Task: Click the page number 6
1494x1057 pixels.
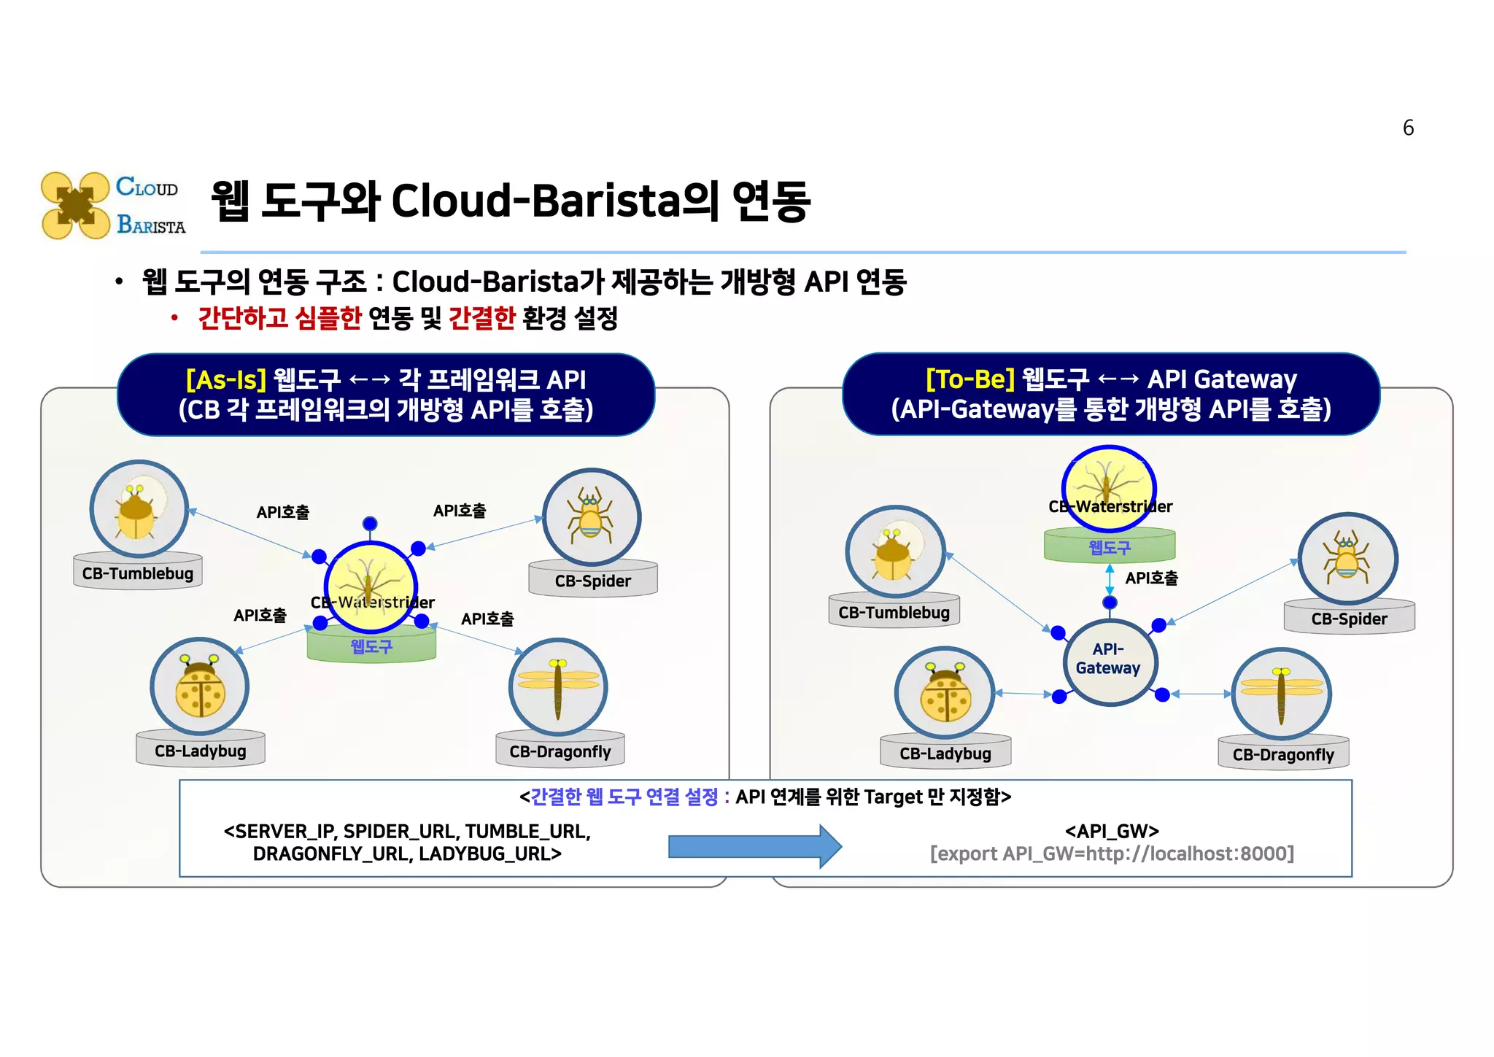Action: pyautogui.click(x=1408, y=128)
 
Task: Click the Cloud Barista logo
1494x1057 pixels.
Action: pyautogui.click(x=113, y=206)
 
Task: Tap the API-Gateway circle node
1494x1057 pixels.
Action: pyautogui.click(x=1109, y=662)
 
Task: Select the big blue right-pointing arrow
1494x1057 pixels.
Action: pyautogui.click(x=755, y=846)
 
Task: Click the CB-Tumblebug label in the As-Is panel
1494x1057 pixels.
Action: pyautogui.click(x=137, y=573)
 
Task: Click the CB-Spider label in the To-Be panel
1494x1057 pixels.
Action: pyautogui.click(x=1349, y=619)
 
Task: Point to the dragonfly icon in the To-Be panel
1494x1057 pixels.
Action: pyautogui.click(x=1282, y=694)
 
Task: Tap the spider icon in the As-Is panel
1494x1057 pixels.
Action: pyautogui.click(x=592, y=516)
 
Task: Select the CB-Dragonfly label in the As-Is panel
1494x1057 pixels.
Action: pyautogui.click(x=560, y=751)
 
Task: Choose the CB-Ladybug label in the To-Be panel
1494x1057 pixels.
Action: pyautogui.click(x=945, y=754)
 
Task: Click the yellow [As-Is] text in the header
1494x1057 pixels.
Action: pyautogui.click(x=226, y=379)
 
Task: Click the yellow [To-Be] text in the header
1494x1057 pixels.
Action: pyautogui.click(x=969, y=379)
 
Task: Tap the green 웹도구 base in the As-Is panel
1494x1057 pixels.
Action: pyautogui.click(x=371, y=646)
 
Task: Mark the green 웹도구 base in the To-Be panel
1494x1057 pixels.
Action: pyautogui.click(x=1109, y=547)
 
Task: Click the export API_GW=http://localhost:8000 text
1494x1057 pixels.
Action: pyautogui.click(x=1112, y=853)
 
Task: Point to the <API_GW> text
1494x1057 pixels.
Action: pyautogui.click(x=1112, y=831)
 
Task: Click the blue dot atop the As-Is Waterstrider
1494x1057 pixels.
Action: pyautogui.click(x=370, y=523)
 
